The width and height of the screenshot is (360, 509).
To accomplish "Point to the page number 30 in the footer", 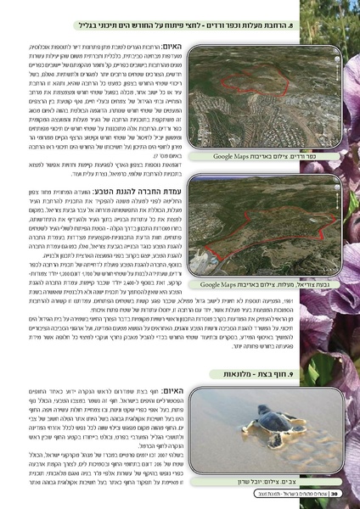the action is point(335,493).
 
